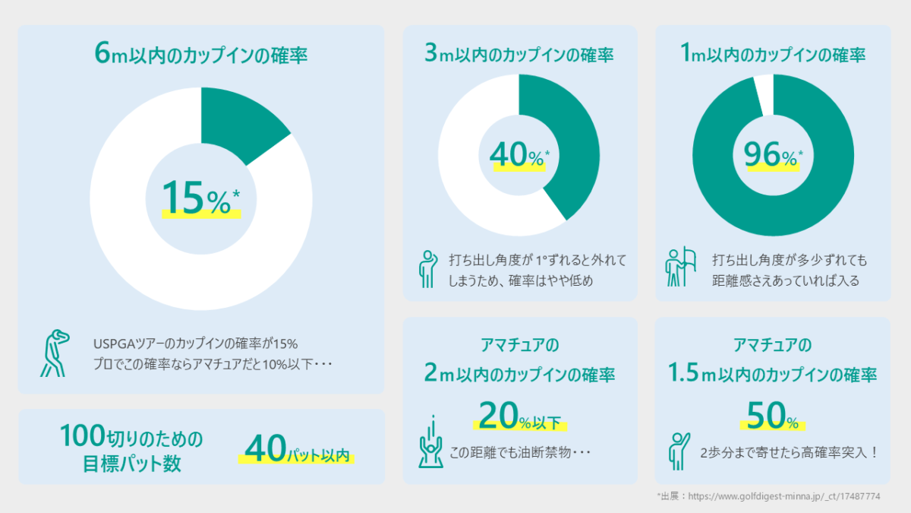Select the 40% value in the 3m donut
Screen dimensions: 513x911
(x=519, y=156)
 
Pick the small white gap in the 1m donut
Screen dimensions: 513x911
(x=763, y=95)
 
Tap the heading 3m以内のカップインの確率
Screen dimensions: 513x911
(x=519, y=55)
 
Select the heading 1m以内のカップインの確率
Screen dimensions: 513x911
(x=773, y=55)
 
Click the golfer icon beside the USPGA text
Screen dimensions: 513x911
(x=53, y=353)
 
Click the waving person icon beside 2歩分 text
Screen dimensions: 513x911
(x=678, y=451)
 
